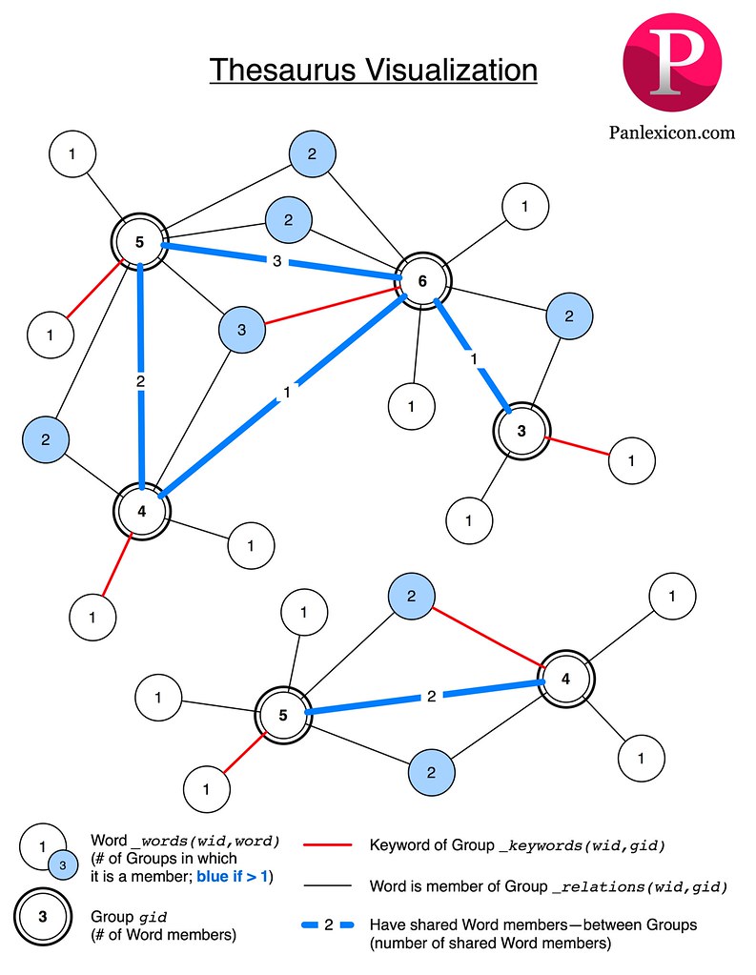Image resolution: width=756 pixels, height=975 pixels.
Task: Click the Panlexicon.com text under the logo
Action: point(672,132)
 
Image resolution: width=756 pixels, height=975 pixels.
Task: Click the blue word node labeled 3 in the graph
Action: point(241,330)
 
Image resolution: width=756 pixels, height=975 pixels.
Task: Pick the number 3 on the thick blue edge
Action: point(276,261)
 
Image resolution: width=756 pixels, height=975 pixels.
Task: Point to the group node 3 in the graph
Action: point(521,430)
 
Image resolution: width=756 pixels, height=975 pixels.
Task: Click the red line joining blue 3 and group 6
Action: point(334,304)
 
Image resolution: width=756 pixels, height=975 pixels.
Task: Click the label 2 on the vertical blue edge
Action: point(140,381)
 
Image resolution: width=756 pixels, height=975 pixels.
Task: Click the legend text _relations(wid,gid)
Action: point(640,886)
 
